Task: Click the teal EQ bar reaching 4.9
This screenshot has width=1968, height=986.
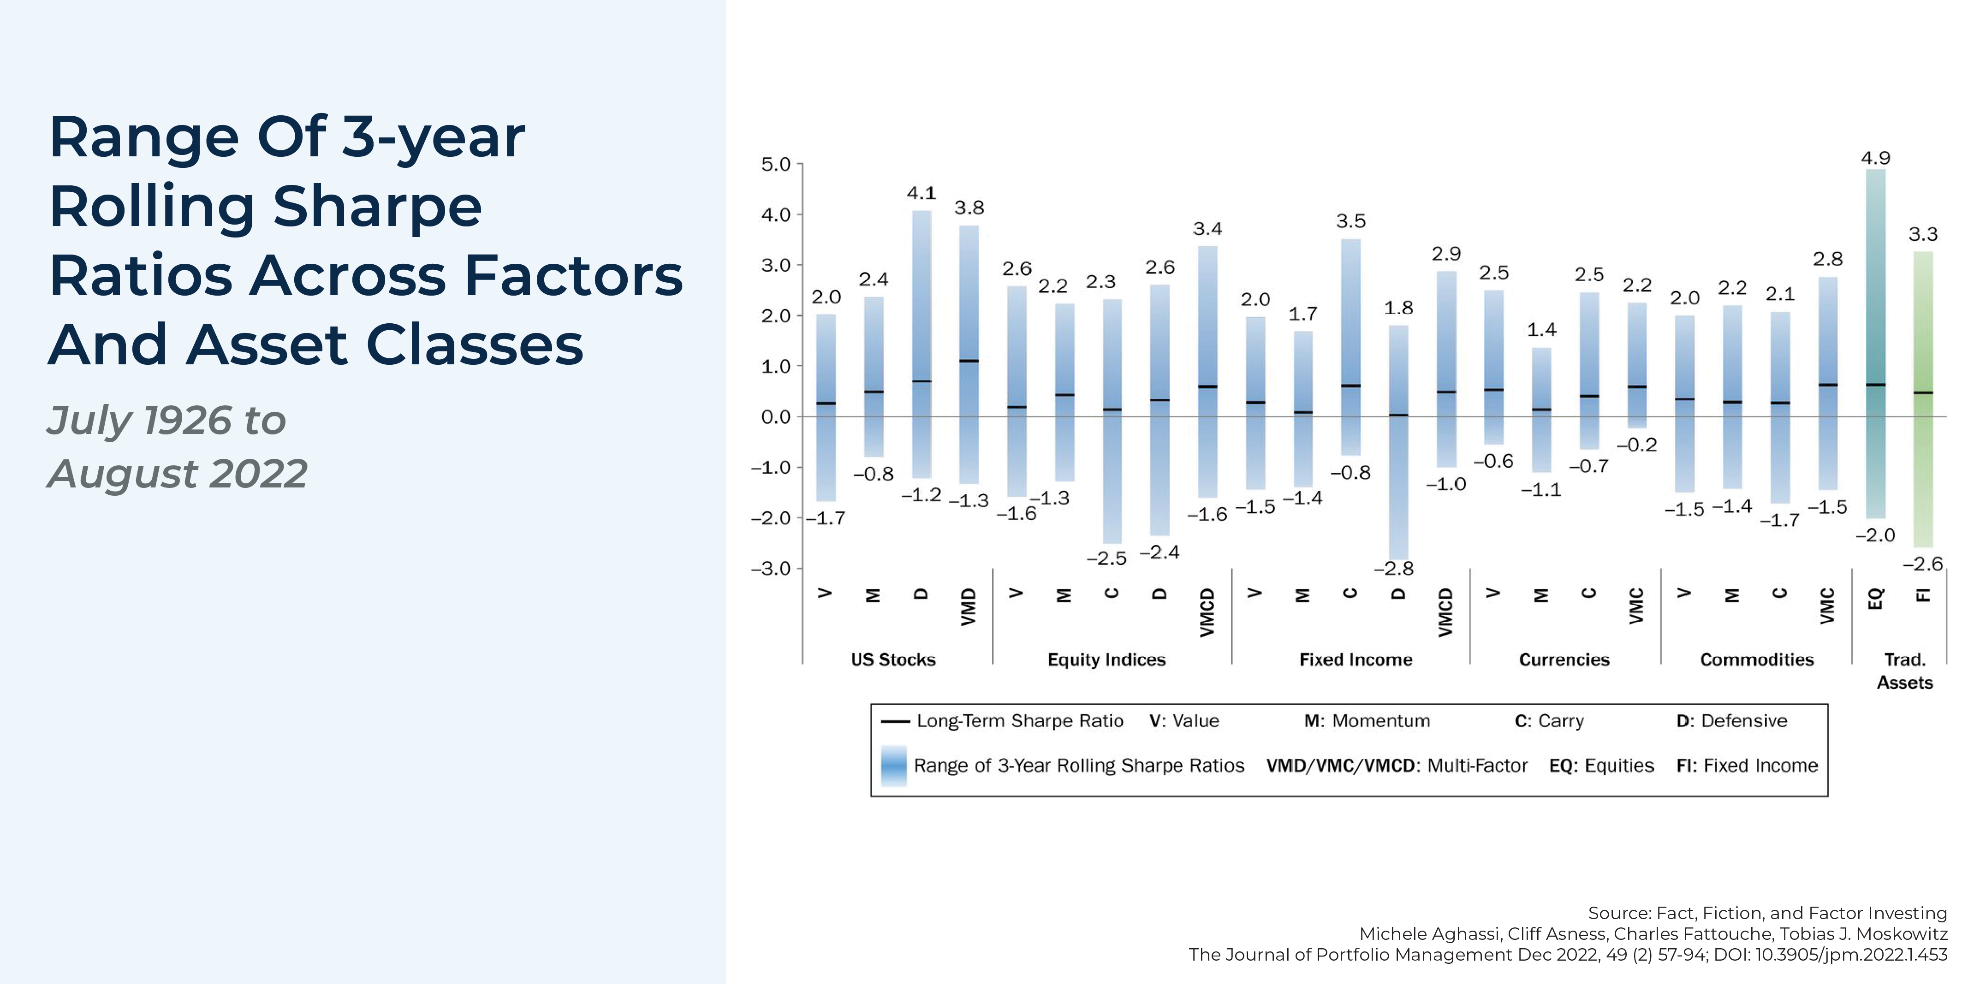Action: [1876, 344]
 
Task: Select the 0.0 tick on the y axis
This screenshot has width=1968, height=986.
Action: [775, 417]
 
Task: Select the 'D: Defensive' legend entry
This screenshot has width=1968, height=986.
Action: [1731, 721]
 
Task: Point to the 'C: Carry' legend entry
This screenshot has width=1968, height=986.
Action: [1549, 721]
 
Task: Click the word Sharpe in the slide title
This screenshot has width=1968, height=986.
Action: [377, 207]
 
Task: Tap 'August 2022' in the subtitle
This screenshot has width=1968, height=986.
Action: [177, 474]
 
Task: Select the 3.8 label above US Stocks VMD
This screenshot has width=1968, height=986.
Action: [969, 208]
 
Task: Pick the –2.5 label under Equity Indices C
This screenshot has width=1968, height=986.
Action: [1106, 559]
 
